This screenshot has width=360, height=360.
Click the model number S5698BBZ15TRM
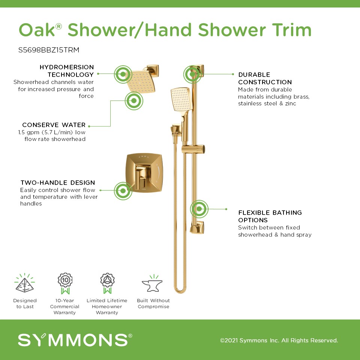point(49,50)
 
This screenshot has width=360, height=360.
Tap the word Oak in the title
point(37,30)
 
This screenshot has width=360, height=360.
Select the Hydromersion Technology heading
point(67,71)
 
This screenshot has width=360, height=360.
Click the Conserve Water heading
point(54,125)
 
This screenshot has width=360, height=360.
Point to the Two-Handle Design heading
point(58,183)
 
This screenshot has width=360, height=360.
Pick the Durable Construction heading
point(265,78)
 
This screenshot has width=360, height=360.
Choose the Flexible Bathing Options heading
point(270,216)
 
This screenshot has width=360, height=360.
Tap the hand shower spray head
point(181,99)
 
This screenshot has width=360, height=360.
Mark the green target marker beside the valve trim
point(123,191)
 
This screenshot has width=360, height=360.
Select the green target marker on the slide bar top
point(192,74)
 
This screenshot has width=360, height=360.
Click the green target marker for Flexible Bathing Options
point(199,209)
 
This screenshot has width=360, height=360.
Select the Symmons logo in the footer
point(75,340)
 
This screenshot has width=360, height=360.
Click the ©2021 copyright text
point(279,340)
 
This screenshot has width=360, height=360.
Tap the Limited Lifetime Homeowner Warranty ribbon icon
point(108,283)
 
